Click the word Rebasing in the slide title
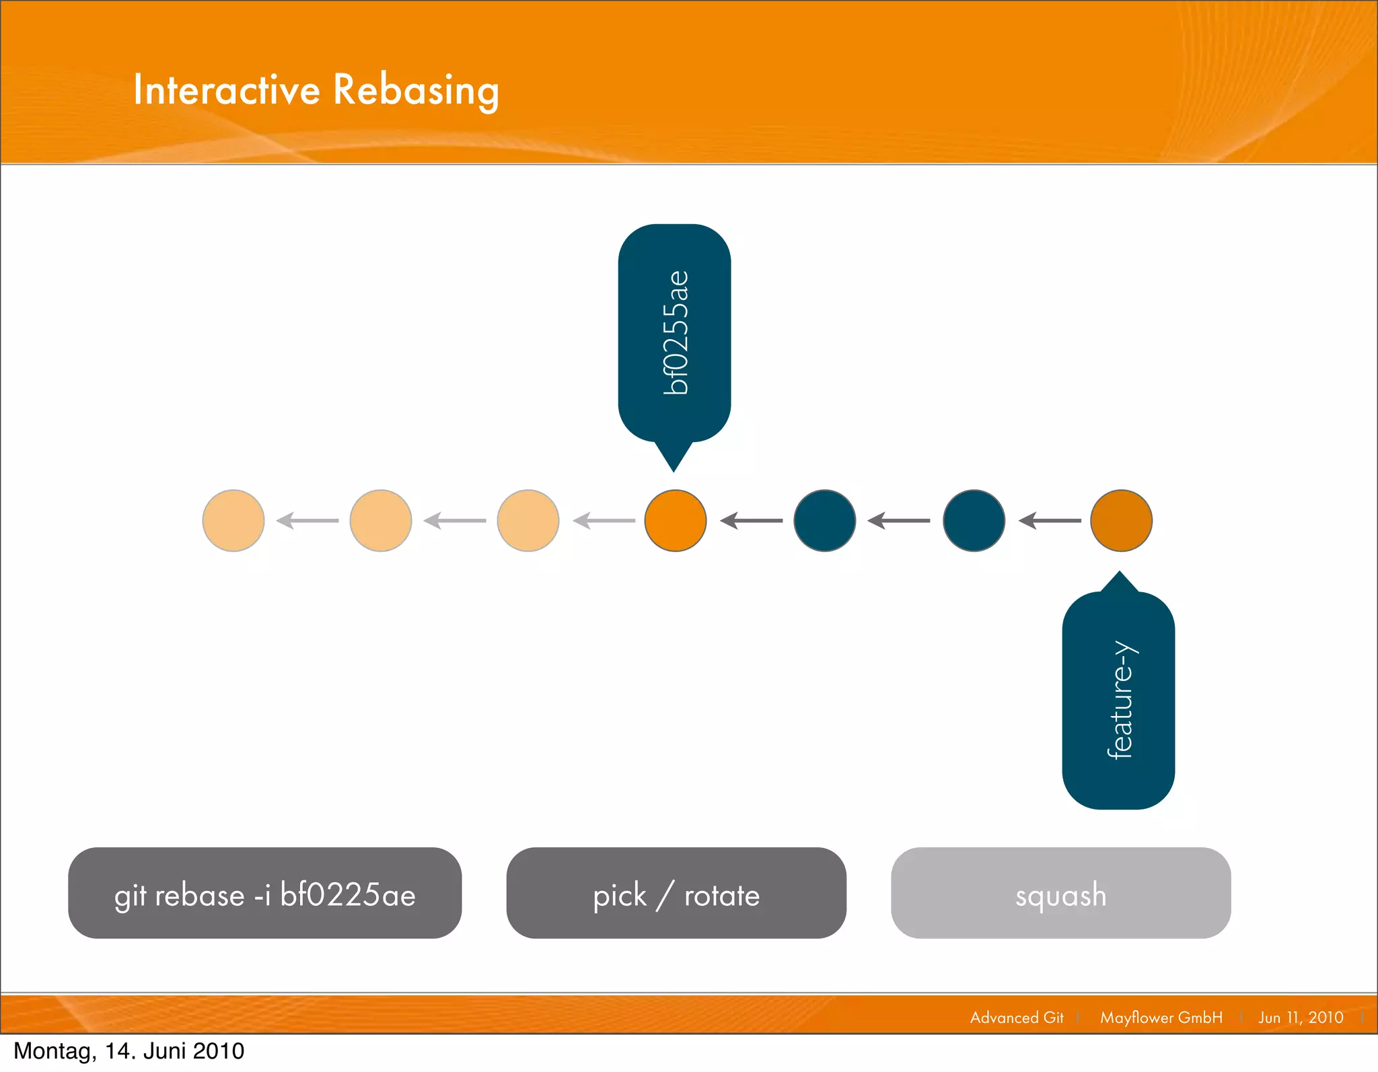(416, 90)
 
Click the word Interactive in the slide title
(227, 90)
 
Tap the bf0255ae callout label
(674, 332)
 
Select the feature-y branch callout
(1118, 700)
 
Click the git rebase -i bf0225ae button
(265, 893)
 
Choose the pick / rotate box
(676, 893)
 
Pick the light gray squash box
(1060, 893)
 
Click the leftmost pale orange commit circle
(233, 520)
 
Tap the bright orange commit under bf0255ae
(676, 520)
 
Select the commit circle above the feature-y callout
(1121, 520)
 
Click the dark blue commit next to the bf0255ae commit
(825, 520)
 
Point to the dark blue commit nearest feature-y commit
(974, 520)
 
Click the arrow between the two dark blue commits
(899, 520)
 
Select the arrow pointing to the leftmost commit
(307, 520)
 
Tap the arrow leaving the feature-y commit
(1050, 520)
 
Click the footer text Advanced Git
(1017, 1017)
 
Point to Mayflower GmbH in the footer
(1161, 1017)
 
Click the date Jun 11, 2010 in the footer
(1301, 1017)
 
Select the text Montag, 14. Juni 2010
(129, 1051)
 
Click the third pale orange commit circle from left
(528, 520)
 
